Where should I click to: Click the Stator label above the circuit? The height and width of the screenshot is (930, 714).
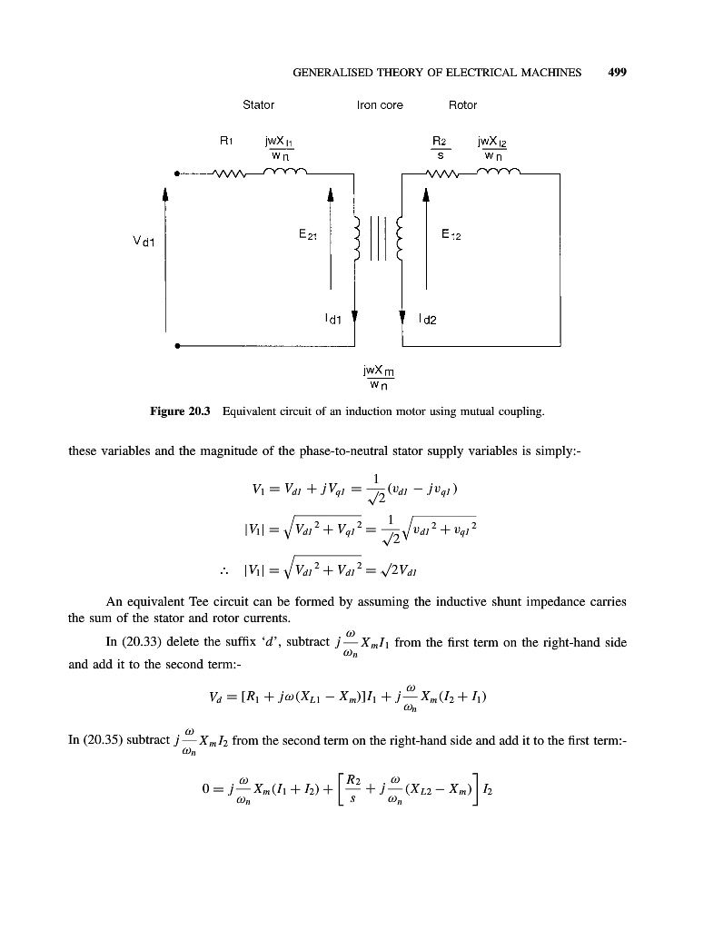pos(259,105)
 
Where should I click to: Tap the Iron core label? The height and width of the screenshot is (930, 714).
pos(380,105)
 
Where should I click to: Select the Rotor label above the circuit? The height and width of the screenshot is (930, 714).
pos(463,105)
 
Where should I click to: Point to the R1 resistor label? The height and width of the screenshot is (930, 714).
pos(227,141)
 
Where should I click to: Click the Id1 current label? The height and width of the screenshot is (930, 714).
pos(333,319)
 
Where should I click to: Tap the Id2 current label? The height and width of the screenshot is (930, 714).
pos(427,319)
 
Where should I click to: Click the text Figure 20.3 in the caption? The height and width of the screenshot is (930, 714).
pos(180,411)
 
